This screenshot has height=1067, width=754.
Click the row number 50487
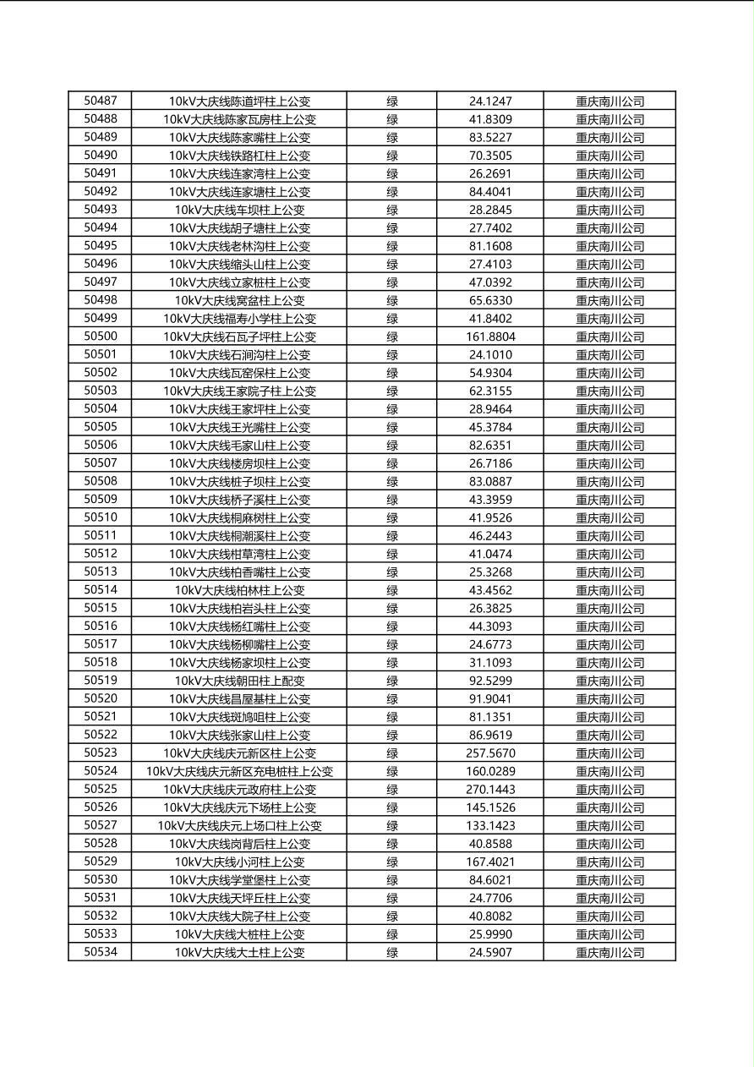pos(101,101)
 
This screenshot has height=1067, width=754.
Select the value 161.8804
pos(490,337)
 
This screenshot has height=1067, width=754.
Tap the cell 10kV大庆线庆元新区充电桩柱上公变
pos(239,771)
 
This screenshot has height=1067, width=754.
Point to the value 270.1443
pos(490,789)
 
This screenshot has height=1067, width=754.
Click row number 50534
pos(101,952)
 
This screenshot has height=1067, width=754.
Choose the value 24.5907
pos(490,952)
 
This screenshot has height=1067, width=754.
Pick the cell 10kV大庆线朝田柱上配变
pos(239,681)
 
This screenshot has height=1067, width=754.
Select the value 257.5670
pos(490,752)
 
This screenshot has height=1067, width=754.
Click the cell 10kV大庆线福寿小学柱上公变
pos(239,319)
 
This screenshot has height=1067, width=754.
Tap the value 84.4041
pos(490,191)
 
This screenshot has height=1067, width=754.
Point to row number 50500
pos(101,337)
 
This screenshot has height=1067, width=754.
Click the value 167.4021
pos(490,862)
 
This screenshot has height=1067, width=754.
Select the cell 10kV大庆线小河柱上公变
pos(239,862)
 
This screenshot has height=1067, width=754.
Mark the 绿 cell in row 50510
pos(392,517)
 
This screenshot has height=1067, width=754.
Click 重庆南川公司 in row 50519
pos(609,681)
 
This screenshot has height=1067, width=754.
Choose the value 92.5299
pos(490,681)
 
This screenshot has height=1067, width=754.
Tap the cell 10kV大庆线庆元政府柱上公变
pos(239,789)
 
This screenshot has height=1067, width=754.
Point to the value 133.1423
pos(490,825)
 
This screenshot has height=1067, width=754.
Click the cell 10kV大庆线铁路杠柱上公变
pos(239,156)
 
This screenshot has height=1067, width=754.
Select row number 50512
pos(101,554)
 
